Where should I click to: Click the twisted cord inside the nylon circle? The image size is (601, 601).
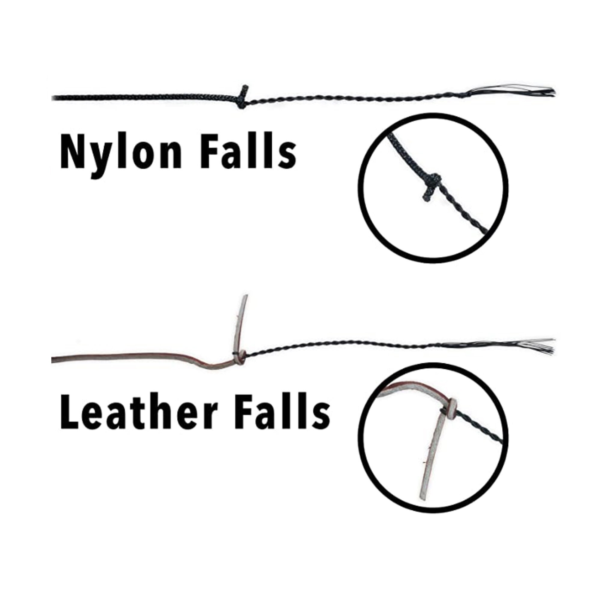463,212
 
